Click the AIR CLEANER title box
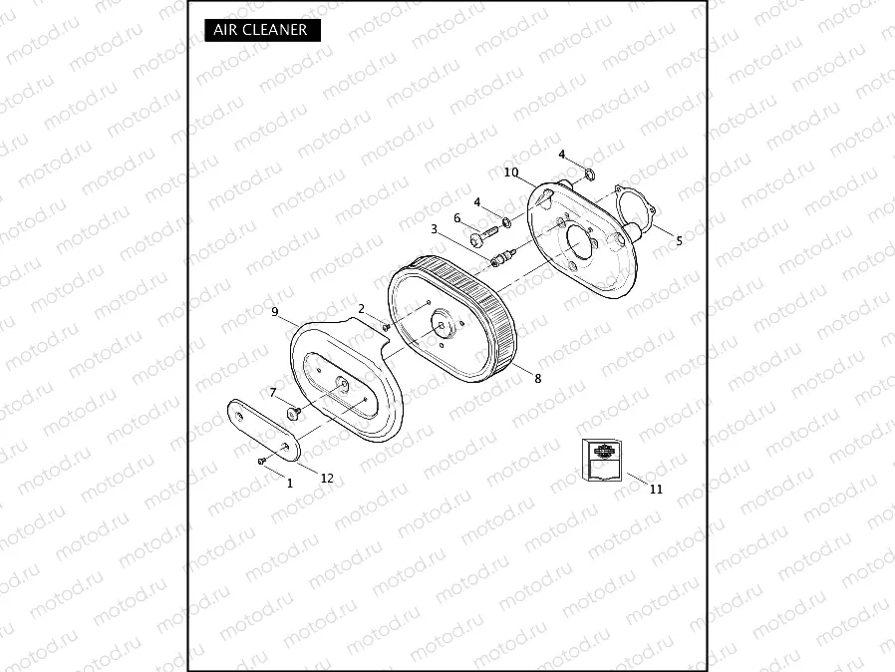pyautogui.click(x=262, y=30)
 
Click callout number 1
pyautogui.click(x=290, y=483)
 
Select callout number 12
pyautogui.click(x=326, y=478)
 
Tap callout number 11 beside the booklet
pyautogui.click(x=655, y=489)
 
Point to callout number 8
pyautogui.click(x=537, y=379)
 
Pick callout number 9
pyautogui.click(x=274, y=312)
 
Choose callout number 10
pyautogui.click(x=511, y=172)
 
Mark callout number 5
pyautogui.click(x=679, y=240)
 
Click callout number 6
pyautogui.click(x=457, y=218)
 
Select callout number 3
pyautogui.click(x=434, y=229)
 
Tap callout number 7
pyautogui.click(x=272, y=392)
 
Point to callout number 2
pyautogui.click(x=361, y=309)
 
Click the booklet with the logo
pyautogui.click(x=602, y=460)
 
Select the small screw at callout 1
pyautogui.click(x=261, y=461)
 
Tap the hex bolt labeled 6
pyautogui.click(x=481, y=238)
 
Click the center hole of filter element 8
pyautogui.click(x=441, y=322)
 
